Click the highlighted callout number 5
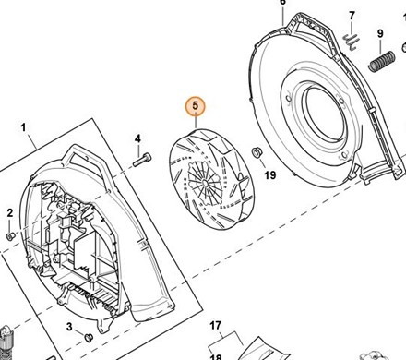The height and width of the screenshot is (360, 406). (x=196, y=106)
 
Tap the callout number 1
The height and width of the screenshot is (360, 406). (x=24, y=127)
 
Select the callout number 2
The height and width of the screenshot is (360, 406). (x=10, y=213)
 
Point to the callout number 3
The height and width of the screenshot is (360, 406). (x=69, y=327)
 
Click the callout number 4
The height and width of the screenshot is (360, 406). (x=137, y=138)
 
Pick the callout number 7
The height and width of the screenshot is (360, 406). (x=352, y=16)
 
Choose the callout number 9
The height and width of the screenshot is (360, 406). (x=380, y=33)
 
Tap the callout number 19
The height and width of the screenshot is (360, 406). (x=270, y=175)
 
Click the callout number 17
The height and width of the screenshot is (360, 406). (x=216, y=325)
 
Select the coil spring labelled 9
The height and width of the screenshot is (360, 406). (x=382, y=62)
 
